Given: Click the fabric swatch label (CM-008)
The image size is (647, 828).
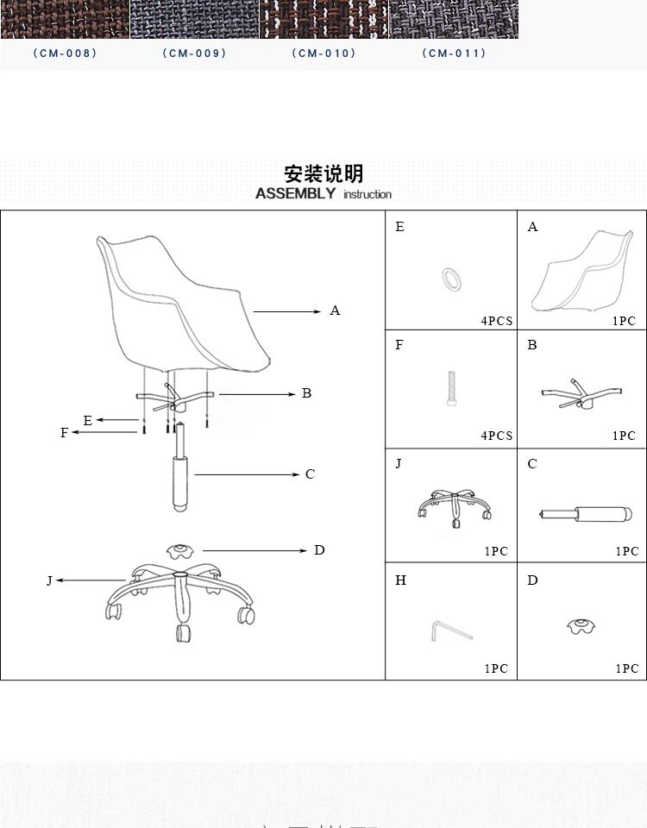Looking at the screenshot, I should [65, 53].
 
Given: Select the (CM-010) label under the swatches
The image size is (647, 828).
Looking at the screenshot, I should [323, 53].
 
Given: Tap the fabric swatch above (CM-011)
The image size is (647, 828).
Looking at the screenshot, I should [453, 19].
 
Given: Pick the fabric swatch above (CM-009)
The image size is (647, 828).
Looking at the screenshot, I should [194, 19].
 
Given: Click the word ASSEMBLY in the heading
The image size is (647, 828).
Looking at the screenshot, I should [295, 193].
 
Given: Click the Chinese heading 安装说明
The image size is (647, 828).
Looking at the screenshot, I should [323, 173].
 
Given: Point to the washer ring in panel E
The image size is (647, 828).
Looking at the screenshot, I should [451, 278].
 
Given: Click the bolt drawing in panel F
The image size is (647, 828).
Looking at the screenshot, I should [450, 389].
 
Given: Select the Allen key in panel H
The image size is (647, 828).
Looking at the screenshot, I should [450, 631].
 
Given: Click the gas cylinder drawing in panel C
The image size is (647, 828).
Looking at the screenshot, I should [581, 515].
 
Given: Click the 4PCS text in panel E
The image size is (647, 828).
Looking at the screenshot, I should [497, 321].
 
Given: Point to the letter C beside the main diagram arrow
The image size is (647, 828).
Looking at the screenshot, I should [311, 474].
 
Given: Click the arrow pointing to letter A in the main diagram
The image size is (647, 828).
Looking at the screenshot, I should [286, 310].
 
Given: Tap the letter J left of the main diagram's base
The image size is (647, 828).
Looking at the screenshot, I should [49, 580].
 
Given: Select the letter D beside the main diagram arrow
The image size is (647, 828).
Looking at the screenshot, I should [319, 549].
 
